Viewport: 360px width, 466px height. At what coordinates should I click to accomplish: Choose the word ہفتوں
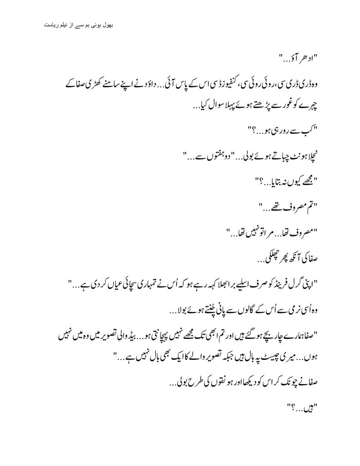click(x=212, y=158)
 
